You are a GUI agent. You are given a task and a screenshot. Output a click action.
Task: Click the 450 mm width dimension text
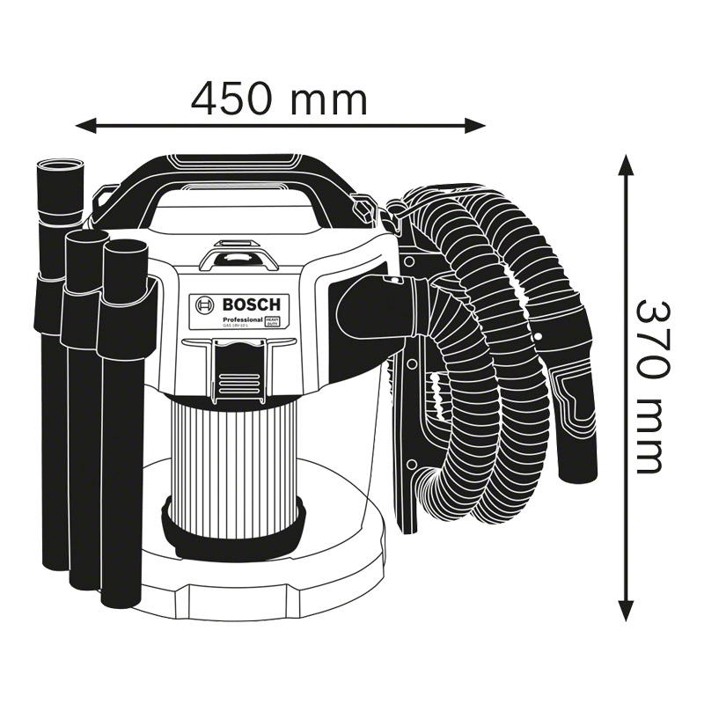click(x=279, y=99)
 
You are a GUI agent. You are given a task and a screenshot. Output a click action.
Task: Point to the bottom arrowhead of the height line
click(x=625, y=611)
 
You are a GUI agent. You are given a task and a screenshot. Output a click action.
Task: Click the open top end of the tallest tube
click(x=60, y=166)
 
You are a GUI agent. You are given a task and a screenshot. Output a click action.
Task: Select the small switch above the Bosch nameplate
click(x=238, y=258)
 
